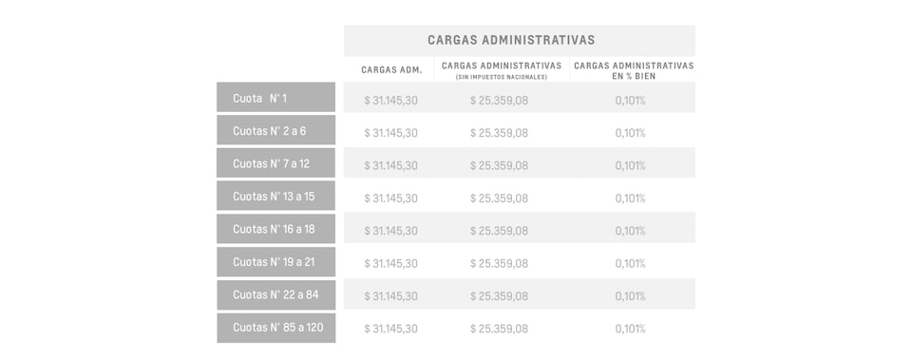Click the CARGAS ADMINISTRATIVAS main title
click(511, 40)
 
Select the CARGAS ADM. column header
click(391, 70)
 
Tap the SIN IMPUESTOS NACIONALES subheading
click(501, 77)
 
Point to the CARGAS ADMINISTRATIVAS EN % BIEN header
click(634, 70)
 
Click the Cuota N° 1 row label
click(259, 98)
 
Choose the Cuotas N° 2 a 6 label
click(269, 131)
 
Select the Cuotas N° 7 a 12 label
click(271, 163)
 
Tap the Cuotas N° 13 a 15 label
click(274, 197)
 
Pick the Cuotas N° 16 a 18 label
click(274, 229)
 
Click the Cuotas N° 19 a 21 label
click(274, 262)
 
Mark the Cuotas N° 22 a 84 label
click(275, 294)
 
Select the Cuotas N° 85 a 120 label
click(277, 328)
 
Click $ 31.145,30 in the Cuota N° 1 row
click(390, 100)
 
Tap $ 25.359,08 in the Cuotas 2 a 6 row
click(499, 133)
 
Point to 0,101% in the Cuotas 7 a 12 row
click(630, 165)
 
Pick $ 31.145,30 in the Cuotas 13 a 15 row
click(390, 199)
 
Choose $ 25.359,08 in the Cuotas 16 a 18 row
click(499, 231)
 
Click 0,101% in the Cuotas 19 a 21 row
click(630, 264)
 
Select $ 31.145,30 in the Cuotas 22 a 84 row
click(390, 296)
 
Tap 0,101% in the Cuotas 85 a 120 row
click(630, 329)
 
